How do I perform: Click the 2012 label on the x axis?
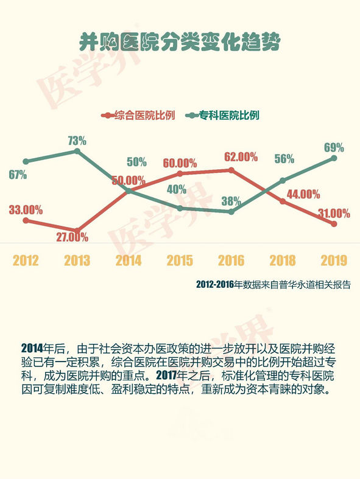[26, 260]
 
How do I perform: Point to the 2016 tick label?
[231, 260]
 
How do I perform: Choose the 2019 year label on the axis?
[334, 260]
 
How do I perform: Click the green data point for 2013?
[77, 151]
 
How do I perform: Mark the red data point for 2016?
[231, 170]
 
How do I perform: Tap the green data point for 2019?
[334, 158]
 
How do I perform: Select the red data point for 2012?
[26, 220]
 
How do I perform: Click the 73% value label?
[77, 141]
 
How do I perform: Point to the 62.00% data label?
[241, 157]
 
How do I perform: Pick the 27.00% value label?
[72, 237]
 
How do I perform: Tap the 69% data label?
[334, 148]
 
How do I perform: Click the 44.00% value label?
[303, 194]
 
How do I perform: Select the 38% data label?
[231, 201]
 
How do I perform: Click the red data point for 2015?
[180, 173]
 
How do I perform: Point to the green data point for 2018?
[283, 181]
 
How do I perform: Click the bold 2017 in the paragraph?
[167, 375]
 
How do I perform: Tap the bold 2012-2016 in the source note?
[214, 285]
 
